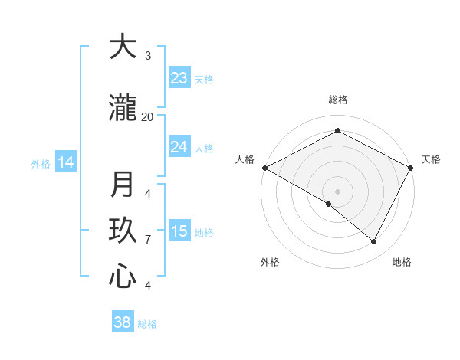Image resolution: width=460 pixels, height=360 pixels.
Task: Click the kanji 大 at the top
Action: point(122,47)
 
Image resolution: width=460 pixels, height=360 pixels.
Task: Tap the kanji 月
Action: point(122,185)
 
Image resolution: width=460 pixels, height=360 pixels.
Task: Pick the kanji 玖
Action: point(122,231)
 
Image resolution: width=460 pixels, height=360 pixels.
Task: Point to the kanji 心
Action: point(122,277)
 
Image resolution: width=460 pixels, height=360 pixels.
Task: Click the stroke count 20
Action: point(147,116)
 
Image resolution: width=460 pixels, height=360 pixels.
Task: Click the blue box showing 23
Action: point(179,78)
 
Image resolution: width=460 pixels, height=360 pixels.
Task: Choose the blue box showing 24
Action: point(179,147)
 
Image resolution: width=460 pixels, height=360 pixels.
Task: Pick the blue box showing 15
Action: point(179,231)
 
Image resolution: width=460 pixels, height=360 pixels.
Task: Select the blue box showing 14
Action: point(66,162)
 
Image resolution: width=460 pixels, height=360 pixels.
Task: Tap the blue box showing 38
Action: point(122,322)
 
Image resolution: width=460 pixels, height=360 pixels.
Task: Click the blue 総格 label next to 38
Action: point(147,324)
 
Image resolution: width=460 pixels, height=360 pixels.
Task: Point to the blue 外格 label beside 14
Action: point(41,163)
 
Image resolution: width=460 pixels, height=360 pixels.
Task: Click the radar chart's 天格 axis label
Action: point(431,159)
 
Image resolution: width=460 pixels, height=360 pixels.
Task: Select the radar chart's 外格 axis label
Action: point(270,262)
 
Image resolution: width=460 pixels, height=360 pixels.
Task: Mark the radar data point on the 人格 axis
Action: point(264,168)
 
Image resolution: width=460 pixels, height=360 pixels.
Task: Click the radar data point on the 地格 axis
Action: point(374,242)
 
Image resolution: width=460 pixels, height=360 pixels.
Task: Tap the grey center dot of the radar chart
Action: point(337,191)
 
